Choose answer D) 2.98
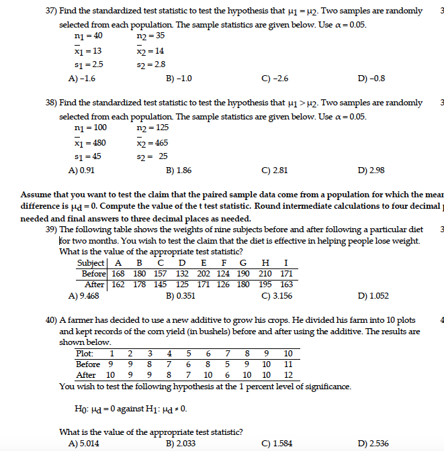pyautogui.click(x=371, y=170)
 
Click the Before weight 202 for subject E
pyautogui.click(x=204, y=274)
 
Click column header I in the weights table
pyautogui.click(x=287, y=263)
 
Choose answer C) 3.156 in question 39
pyautogui.click(x=277, y=295)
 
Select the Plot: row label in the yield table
pyautogui.click(x=85, y=353)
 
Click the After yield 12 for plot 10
pyautogui.click(x=288, y=375)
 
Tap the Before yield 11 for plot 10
pyautogui.click(x=288, y=364)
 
